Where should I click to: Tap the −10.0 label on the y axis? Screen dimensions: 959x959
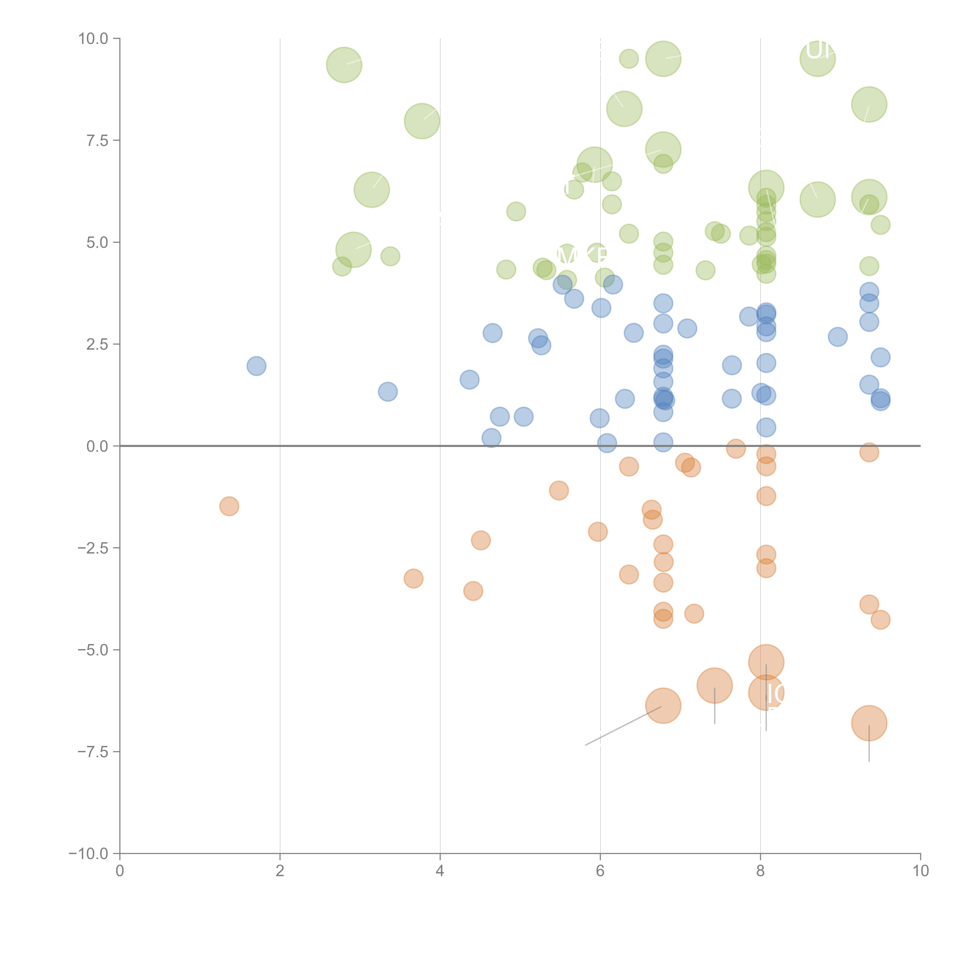(88, 854)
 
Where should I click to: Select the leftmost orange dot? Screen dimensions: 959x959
(229, 506)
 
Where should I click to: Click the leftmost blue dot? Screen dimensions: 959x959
(256, 366)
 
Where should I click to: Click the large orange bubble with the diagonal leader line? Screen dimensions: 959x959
(663, 706)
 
